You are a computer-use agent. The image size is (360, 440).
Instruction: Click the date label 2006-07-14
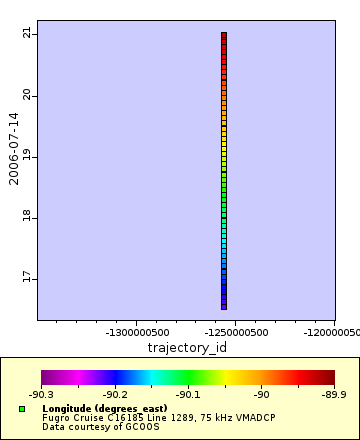(14, 149)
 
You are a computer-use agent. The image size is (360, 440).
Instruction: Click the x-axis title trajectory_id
(186, 348)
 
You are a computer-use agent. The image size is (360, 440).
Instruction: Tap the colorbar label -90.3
(41, 394)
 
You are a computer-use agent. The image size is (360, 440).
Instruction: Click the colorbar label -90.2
(115, 394)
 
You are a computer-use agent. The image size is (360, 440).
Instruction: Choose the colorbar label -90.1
(189, 394)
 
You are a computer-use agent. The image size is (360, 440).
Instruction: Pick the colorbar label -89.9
(335, 394)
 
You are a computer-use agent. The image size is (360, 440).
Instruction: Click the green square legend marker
(21, 409)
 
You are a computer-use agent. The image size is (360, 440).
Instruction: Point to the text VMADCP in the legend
(255, 418)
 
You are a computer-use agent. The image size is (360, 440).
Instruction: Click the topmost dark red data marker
(224, 35)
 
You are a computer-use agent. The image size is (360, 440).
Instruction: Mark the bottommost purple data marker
(224, 305)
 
